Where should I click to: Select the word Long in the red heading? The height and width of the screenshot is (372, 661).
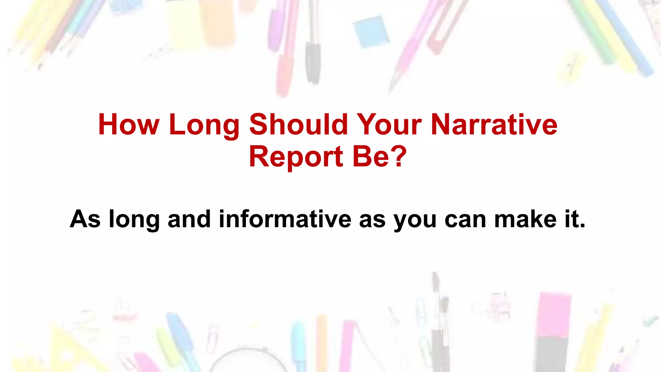(x=204, y=125)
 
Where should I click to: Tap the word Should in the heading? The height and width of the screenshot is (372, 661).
(x=298, y=125)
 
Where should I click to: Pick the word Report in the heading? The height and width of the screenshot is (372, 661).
(x=296, y=157)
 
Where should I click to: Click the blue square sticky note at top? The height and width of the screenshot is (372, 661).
(x=371, y=32)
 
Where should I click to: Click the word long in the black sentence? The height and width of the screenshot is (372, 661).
(x=134, y=220)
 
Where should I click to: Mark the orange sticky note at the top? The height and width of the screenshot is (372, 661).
(x=217, y=23)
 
